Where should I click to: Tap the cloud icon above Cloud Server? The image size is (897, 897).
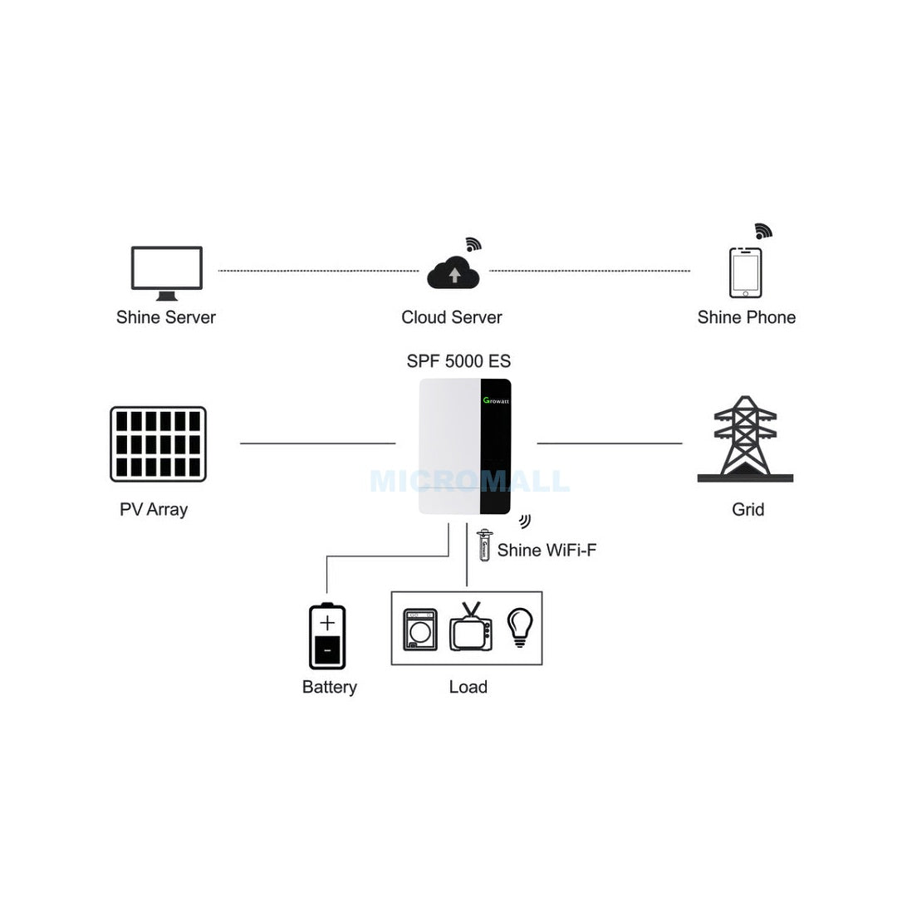[x=453, y=273]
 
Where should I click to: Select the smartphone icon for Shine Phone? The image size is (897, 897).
[x=745, y=273]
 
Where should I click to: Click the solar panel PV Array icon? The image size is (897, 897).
[x=158, y=444]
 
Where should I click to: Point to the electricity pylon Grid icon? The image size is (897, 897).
[x=745, y=439]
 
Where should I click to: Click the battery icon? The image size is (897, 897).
[x=327, y=636]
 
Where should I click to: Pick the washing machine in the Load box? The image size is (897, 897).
[x=420, y=630]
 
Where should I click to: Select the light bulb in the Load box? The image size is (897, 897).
[x=520, y=628]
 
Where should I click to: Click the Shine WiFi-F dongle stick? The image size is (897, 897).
[x=484, y=545]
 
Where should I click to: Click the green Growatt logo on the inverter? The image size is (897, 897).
[x=496, y=400]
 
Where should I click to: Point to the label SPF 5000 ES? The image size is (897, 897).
[x=458, y=361]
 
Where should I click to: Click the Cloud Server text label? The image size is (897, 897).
[x=451, y=317]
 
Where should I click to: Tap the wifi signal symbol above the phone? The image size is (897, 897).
[x=763, y=231]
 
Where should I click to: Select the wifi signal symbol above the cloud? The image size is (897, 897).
[x=473, y=244]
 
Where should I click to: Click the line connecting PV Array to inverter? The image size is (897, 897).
[x=317, y=444]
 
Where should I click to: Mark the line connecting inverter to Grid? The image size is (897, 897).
[x=610, y=444]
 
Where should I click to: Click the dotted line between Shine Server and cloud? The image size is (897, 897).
[x=319, y=271]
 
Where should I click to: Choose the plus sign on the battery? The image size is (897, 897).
[x=327, y=622]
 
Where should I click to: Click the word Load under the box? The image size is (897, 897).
[x=468, y=687]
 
